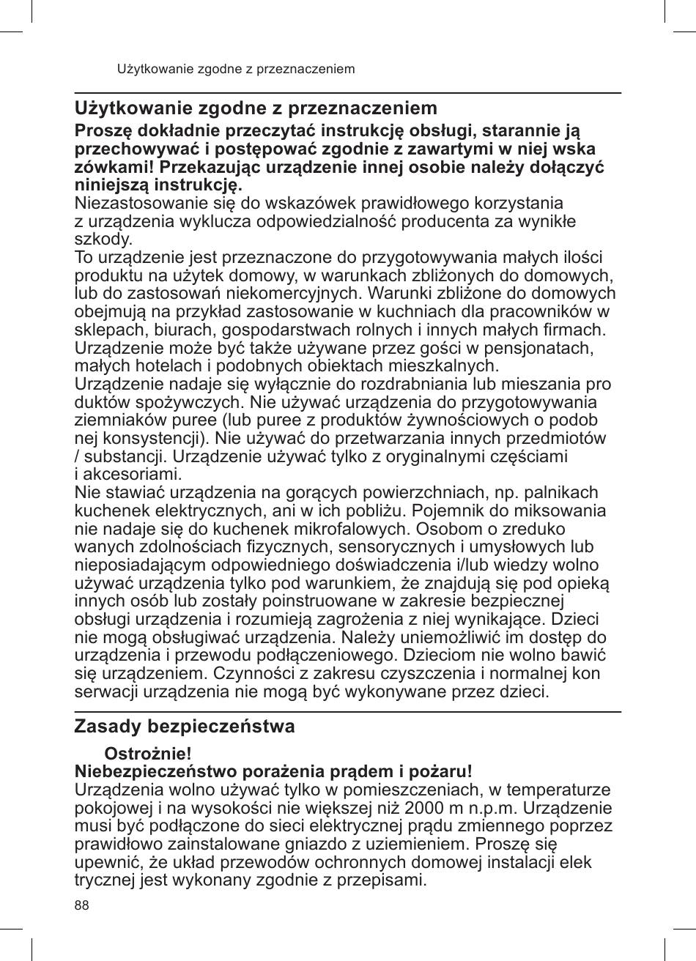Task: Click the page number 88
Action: [82, 905]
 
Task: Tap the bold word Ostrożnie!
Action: [149, 754]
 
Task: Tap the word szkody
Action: [104, 240]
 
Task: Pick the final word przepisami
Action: [378, 880]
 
